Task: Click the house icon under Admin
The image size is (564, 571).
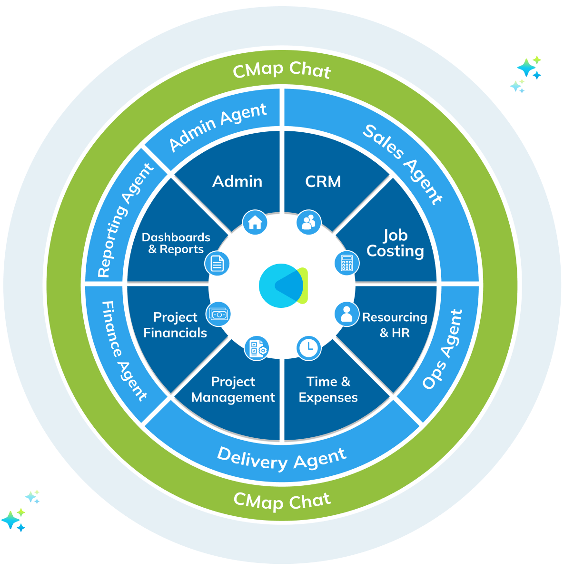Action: point(255,222)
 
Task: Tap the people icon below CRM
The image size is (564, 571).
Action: point(308,222)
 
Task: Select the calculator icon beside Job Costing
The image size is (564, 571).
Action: point(346,263)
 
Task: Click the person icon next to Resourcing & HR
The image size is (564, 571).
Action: point(346,314)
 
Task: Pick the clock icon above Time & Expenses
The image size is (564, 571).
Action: point(308,348)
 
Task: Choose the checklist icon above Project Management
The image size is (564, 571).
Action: point(257,348)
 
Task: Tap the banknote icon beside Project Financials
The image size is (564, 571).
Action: point(218,314)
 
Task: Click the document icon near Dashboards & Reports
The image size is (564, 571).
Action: point(217,263)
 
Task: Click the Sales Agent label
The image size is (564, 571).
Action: point(403,164)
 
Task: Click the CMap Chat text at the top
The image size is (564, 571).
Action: point(282,70)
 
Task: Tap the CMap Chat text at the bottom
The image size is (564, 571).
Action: point(282,501)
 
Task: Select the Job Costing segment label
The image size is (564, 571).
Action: point(395,243)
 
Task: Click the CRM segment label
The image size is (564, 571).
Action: point(323,181)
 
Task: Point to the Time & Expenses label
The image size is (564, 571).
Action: point(328,389)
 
